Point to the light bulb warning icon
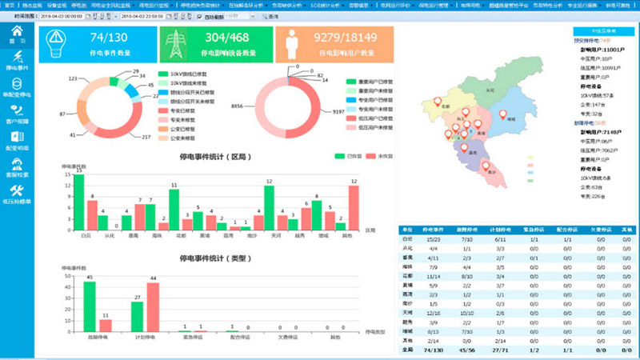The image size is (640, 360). tap(56, 43)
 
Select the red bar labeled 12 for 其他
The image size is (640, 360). tap(354, 208)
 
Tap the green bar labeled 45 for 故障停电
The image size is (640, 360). tap(90, 306)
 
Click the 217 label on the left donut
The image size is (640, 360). tap(146, 138)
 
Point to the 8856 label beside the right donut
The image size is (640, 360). tap(238, 106)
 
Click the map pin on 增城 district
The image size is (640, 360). tap(503, 115)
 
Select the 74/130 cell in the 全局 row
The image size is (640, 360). tap(432, 350)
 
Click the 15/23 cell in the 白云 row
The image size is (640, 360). tap(432, 238)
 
